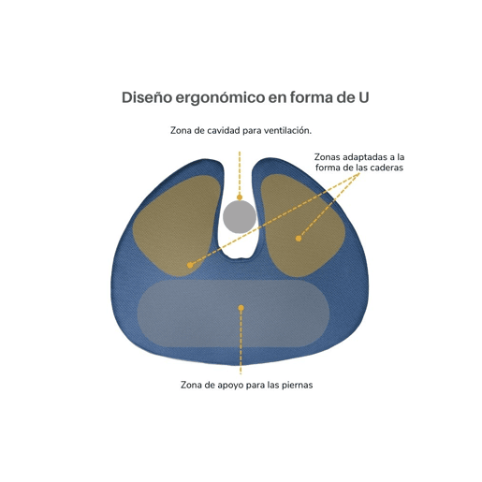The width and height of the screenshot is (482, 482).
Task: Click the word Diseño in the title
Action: tap(147, 97)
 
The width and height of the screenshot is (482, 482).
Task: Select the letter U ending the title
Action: tap(363, 97)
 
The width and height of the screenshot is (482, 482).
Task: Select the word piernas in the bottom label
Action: tap(297, 385)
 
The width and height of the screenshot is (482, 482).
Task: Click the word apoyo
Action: tap(231, 386)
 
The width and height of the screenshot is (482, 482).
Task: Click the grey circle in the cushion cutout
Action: tap(240, 217)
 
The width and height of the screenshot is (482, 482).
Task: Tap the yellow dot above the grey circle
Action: tap(240, 197)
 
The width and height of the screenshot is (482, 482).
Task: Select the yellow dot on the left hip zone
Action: tap(190, 265)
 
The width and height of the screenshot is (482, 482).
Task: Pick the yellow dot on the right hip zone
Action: tap(299, 239)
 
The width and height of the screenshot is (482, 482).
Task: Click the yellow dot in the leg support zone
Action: tap(241, 308)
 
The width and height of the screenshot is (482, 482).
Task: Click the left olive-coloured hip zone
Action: tap(175, 225)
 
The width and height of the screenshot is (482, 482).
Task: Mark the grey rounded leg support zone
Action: tap(233, 314)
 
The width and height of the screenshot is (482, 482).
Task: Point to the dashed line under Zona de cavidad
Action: tap(240, 173)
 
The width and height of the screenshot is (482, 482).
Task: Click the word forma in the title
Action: tap(312, 97)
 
